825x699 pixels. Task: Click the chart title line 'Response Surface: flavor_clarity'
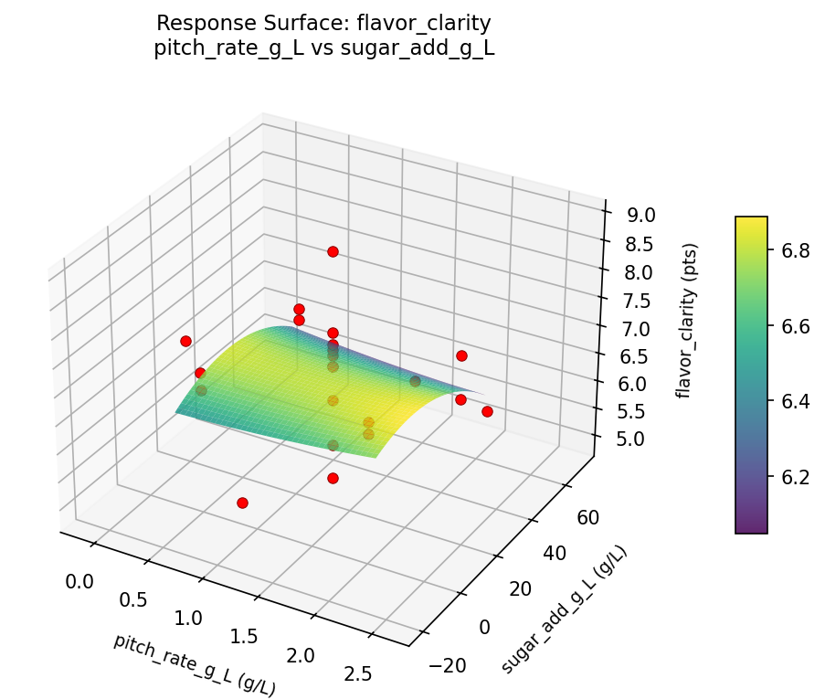click(x=324, y=22)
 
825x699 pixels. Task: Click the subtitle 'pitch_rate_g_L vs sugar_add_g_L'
click(x=324, y=48)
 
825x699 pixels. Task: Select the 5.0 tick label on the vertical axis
click(x=629, y=440)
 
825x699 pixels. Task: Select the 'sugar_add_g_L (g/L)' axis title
click(x=564, y=609)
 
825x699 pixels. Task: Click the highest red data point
click(x=333, y=251)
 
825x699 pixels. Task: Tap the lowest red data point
click(x=242, y=503)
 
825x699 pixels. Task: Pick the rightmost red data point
click(x=487, y=411)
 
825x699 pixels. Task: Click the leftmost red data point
click(x=185, y=341)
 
